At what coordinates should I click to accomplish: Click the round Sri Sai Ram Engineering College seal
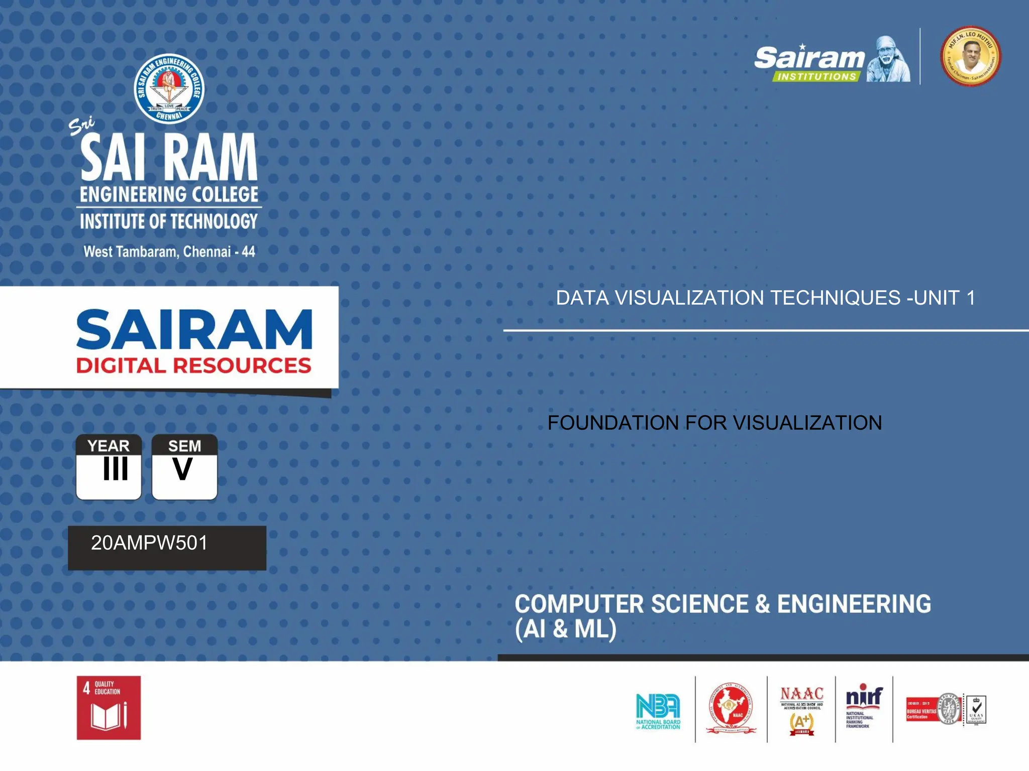169,89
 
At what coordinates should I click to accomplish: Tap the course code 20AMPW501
149,543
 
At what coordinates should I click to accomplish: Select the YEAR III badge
109,467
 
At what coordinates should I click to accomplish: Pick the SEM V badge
184,467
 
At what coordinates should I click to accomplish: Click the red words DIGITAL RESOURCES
193,365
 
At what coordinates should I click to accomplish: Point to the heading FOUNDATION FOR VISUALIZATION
714,423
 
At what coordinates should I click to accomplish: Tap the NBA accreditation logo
658,710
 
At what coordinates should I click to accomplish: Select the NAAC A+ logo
801,710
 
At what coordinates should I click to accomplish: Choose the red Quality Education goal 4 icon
109,708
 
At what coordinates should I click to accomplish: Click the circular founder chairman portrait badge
970,56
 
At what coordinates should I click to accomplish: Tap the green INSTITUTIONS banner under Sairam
816,77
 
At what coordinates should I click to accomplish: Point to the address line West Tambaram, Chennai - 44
169,251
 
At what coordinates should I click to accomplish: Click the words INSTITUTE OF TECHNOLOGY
169,221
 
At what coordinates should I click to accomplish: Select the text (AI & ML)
565,629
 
